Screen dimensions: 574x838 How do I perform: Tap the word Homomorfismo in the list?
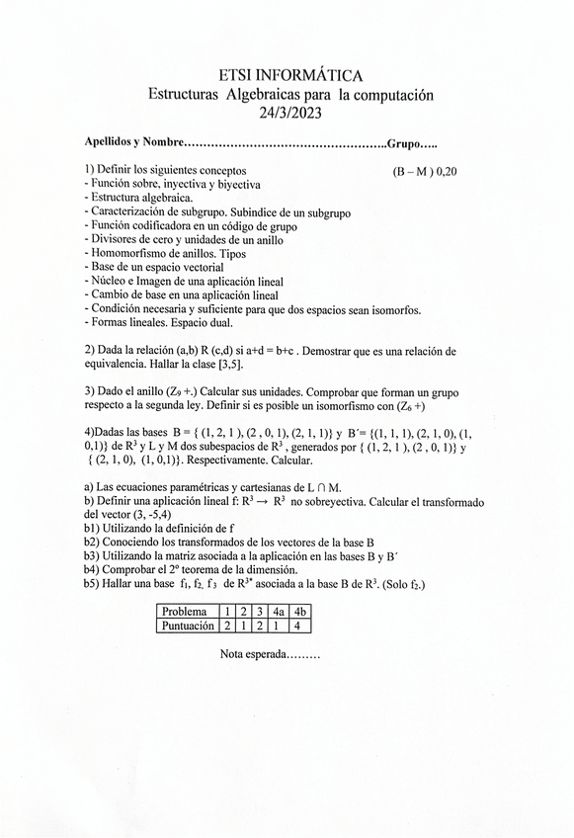pos(129,253)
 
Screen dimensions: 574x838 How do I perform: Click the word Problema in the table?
pos(185,612)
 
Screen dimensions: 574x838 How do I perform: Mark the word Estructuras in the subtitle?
pos(182,94)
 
